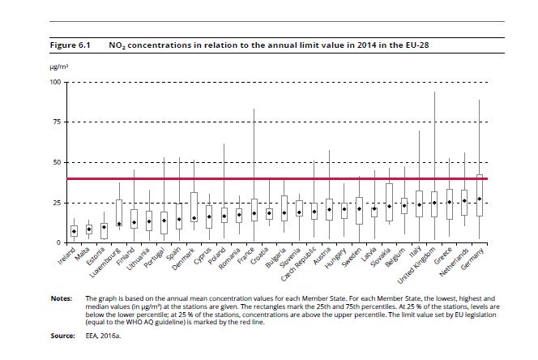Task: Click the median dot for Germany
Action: (x=480, y=199)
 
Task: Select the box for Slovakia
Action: (x=389, y=203)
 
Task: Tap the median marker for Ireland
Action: (x=74, y=232)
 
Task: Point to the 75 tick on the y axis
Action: (x=57, y=122)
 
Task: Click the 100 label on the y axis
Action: (x=55, y=82)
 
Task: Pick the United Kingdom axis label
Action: (x=416, y=265)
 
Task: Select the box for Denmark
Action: (x=194, y=207)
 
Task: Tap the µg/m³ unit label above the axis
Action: (x=59, y=66)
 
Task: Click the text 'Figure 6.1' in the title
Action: (x=70, y=45)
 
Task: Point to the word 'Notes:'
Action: (x=62, y=298)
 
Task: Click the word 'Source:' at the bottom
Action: (x=62, y=336)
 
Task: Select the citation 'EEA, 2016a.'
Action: (x=103, y=336)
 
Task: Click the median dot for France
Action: (x=254, y=213)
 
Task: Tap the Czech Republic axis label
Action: (x=298, y=264)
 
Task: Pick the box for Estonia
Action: (x=104, y=231)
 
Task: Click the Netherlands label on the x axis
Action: (x=454, y=262)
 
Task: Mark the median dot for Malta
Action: (x=89, y=229)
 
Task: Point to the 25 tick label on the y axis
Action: (x=57, y=203)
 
